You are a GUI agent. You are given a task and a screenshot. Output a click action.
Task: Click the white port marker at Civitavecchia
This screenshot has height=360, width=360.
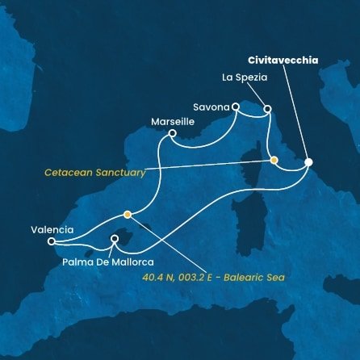pyautogui.click(x=308, y=162)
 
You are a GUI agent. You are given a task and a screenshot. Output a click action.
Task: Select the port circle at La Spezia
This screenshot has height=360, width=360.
pyautogui.click(x=268, y=108)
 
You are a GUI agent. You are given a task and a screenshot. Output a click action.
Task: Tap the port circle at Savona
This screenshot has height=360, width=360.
pyautogui.click(x=236, y=106)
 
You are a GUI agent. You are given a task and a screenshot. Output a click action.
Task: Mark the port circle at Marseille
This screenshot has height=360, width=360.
pyautogui.click(x=172, y=133)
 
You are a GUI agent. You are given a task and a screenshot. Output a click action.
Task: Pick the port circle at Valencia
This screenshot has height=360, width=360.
pyautogui.click(x=52, y=241)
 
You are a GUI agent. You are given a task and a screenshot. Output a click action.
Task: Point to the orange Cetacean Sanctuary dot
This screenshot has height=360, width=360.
pyautogui.click(x=274, y=160)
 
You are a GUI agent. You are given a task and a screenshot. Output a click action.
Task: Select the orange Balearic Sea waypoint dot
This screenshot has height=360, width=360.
pyautogui.click(x=127, y=215)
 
